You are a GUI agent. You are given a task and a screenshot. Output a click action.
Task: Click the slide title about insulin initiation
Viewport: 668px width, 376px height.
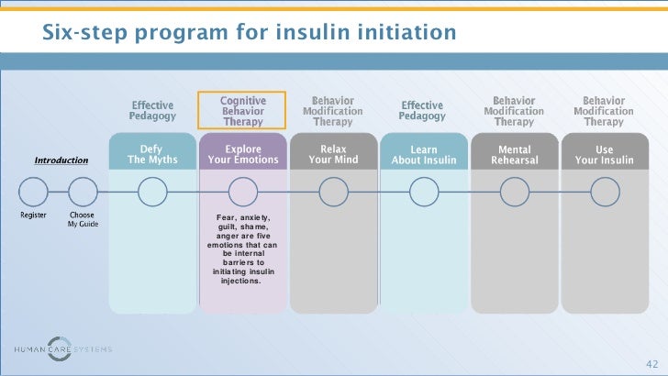[x=249, y=34]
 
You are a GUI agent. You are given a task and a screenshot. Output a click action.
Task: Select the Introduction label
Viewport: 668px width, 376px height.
[x=61, y=160]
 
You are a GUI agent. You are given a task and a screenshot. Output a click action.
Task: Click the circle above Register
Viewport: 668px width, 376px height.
[x=34, y=192]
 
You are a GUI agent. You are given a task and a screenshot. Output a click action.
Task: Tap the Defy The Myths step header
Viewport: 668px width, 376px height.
[x=152, y=155]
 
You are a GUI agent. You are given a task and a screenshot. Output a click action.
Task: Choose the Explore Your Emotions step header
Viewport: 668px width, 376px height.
[x=243, y=155]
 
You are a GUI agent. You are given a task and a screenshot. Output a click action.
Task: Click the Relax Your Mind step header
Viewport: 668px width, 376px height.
[x=333, y=155]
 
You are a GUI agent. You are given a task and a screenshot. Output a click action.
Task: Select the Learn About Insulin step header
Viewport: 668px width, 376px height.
[x=423, y=155]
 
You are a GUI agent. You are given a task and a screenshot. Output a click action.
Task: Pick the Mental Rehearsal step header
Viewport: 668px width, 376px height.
[x=514, y=155]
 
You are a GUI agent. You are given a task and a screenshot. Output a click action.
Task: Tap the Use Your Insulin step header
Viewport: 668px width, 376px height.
[x=604, y=155]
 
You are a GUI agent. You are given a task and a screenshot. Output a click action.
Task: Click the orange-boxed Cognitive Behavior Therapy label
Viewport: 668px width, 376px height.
[x=243, y=111]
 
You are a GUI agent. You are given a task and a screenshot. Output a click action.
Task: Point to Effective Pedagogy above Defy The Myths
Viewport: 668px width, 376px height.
[x=151, y=111]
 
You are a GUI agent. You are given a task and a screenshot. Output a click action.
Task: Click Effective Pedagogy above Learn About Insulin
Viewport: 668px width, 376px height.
[x=422, y=111]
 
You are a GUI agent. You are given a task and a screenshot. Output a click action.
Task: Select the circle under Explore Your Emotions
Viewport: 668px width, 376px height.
[x=243, y=192]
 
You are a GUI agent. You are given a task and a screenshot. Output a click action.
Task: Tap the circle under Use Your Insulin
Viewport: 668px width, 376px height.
[x=605, y=192]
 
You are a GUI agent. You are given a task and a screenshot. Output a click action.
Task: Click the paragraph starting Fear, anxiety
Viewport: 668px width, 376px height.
[x=243, y=249]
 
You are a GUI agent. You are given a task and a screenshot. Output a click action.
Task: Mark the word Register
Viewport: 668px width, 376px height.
[x=34, y=216]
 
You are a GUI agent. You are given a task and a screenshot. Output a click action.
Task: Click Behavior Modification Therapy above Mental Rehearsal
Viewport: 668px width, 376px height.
[x=514, y=111]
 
